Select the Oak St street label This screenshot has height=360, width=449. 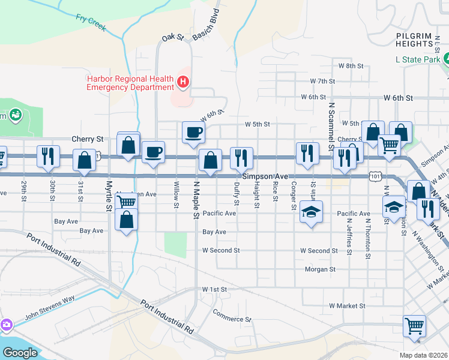click(172, 38)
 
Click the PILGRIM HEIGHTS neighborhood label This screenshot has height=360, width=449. click(414, 40)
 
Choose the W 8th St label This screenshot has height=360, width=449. click(352, 65)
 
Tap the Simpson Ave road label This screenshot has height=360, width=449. click(266, 176)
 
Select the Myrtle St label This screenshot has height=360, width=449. click(109, 195)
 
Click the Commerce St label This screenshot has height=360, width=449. click(232, 316)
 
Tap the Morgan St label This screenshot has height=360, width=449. click(320, 269)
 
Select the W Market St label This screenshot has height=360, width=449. click(347, 306)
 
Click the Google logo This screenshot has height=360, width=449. click(20, 352)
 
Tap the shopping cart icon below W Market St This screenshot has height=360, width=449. click(415, 326)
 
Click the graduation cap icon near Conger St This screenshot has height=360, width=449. click(311, 212)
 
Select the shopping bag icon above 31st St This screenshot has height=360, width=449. click(84, 160)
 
